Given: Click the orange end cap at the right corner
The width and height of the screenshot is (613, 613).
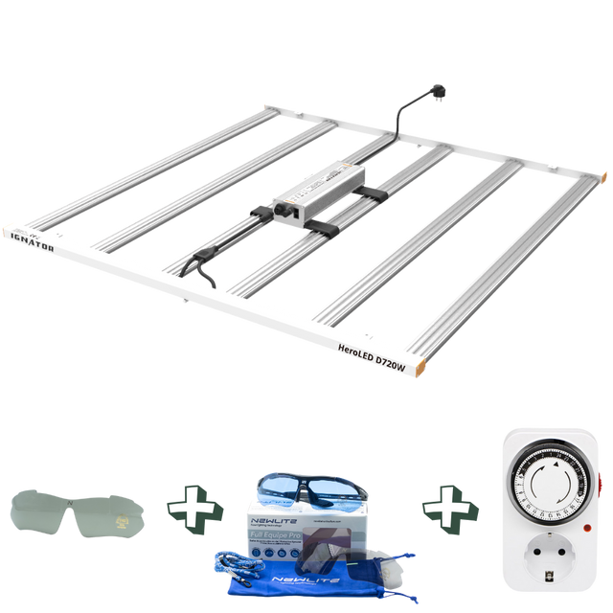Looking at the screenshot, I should (604, 177).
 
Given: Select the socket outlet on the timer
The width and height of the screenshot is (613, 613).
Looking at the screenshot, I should (546, 556).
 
